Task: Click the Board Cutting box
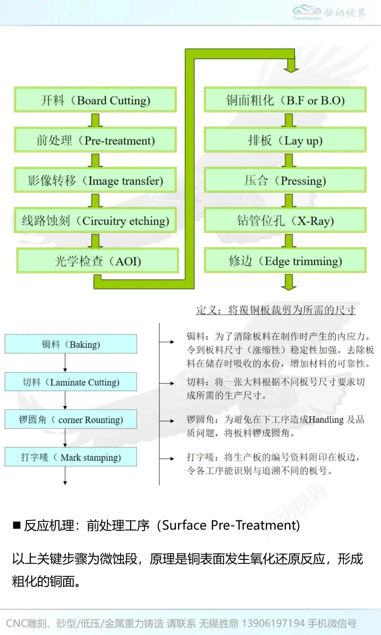[95, 100]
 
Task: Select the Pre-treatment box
[95, 140]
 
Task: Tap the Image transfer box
[95, 181]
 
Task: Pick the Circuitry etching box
[95, 221]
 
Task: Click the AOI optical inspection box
[97, 261]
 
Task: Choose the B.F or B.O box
[285, 100]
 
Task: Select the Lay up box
[285, 140]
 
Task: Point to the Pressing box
[285, 181]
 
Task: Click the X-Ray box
[285, 221]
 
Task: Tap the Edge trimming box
[285, 261]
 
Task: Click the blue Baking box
[71, 344]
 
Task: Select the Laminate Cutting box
[71, 382]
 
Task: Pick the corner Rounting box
[71, 420]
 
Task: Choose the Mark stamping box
[71, 458]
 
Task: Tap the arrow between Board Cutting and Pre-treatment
[95, 120]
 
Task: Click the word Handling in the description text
[326, 419]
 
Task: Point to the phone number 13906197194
[273, 623]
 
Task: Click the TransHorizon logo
[307, 13]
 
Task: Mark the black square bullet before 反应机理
[17, 525]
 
